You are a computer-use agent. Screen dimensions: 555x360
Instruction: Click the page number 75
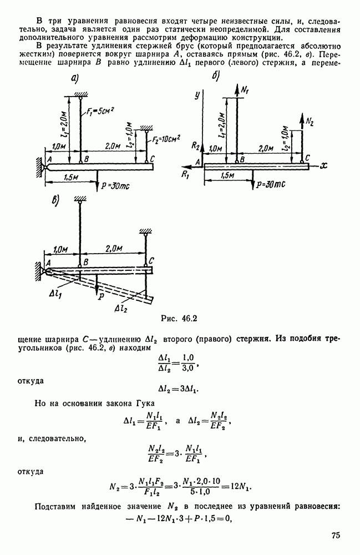tap(335, 535)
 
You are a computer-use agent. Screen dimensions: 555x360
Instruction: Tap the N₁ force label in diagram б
tap(245, 89)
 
